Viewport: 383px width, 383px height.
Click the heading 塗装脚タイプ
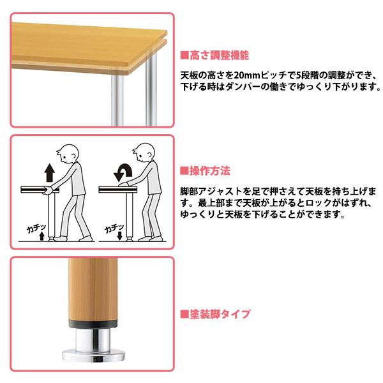(x=218, y=314)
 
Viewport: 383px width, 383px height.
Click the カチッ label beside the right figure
(x=110, y=227)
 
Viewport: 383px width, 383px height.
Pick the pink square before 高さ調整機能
(x=183, y=56)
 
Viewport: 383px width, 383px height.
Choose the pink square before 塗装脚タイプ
(x=183, y=314)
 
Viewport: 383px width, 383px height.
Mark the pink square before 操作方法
(x=183, y=171)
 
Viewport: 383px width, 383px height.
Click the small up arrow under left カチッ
(x=43, y=237)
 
